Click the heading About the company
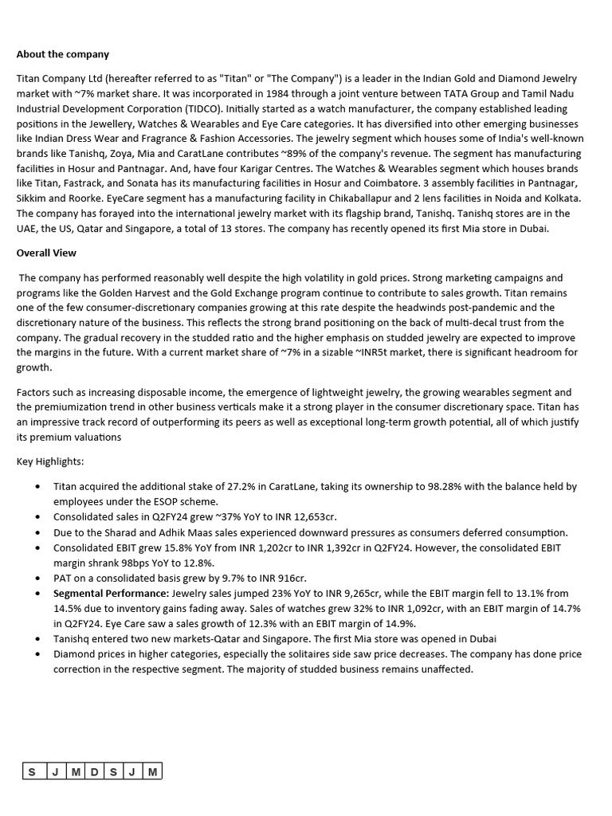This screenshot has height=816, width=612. click(x=63, y=54)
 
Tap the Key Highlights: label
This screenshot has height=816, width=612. click(x=49, y=461)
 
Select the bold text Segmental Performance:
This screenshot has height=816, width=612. click(x=111, y=593)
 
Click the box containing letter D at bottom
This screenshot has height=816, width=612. click(x=93, y=771)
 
